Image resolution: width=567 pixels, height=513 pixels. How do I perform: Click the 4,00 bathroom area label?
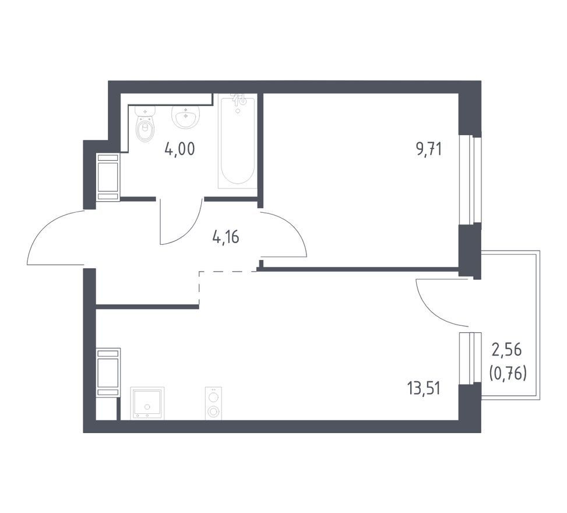click(x=179, y=149)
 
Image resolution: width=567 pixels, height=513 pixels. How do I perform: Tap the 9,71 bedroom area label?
click(x=429, y=149)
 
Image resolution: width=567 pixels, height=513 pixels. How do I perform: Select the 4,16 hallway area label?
click(x=226, y=237)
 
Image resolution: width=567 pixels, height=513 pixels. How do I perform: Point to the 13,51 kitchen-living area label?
click(x=424, y=389)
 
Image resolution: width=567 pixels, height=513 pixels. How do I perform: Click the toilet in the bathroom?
click(x=145, y=124)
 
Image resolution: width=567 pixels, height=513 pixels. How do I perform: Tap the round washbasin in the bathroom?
click(x=185, y=117)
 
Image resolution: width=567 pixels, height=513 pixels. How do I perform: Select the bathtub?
click(x=238, y=141)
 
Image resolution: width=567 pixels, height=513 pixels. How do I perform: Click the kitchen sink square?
click(x=147, y=403)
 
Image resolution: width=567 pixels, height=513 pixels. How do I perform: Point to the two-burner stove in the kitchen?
click(x=214, y=403)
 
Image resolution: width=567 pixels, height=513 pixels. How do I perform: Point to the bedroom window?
click(x=470, y=180)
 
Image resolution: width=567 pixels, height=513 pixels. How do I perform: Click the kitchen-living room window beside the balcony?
click(x=470, y=358)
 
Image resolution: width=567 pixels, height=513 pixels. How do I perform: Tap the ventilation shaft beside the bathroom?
click(x=108, y=177)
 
